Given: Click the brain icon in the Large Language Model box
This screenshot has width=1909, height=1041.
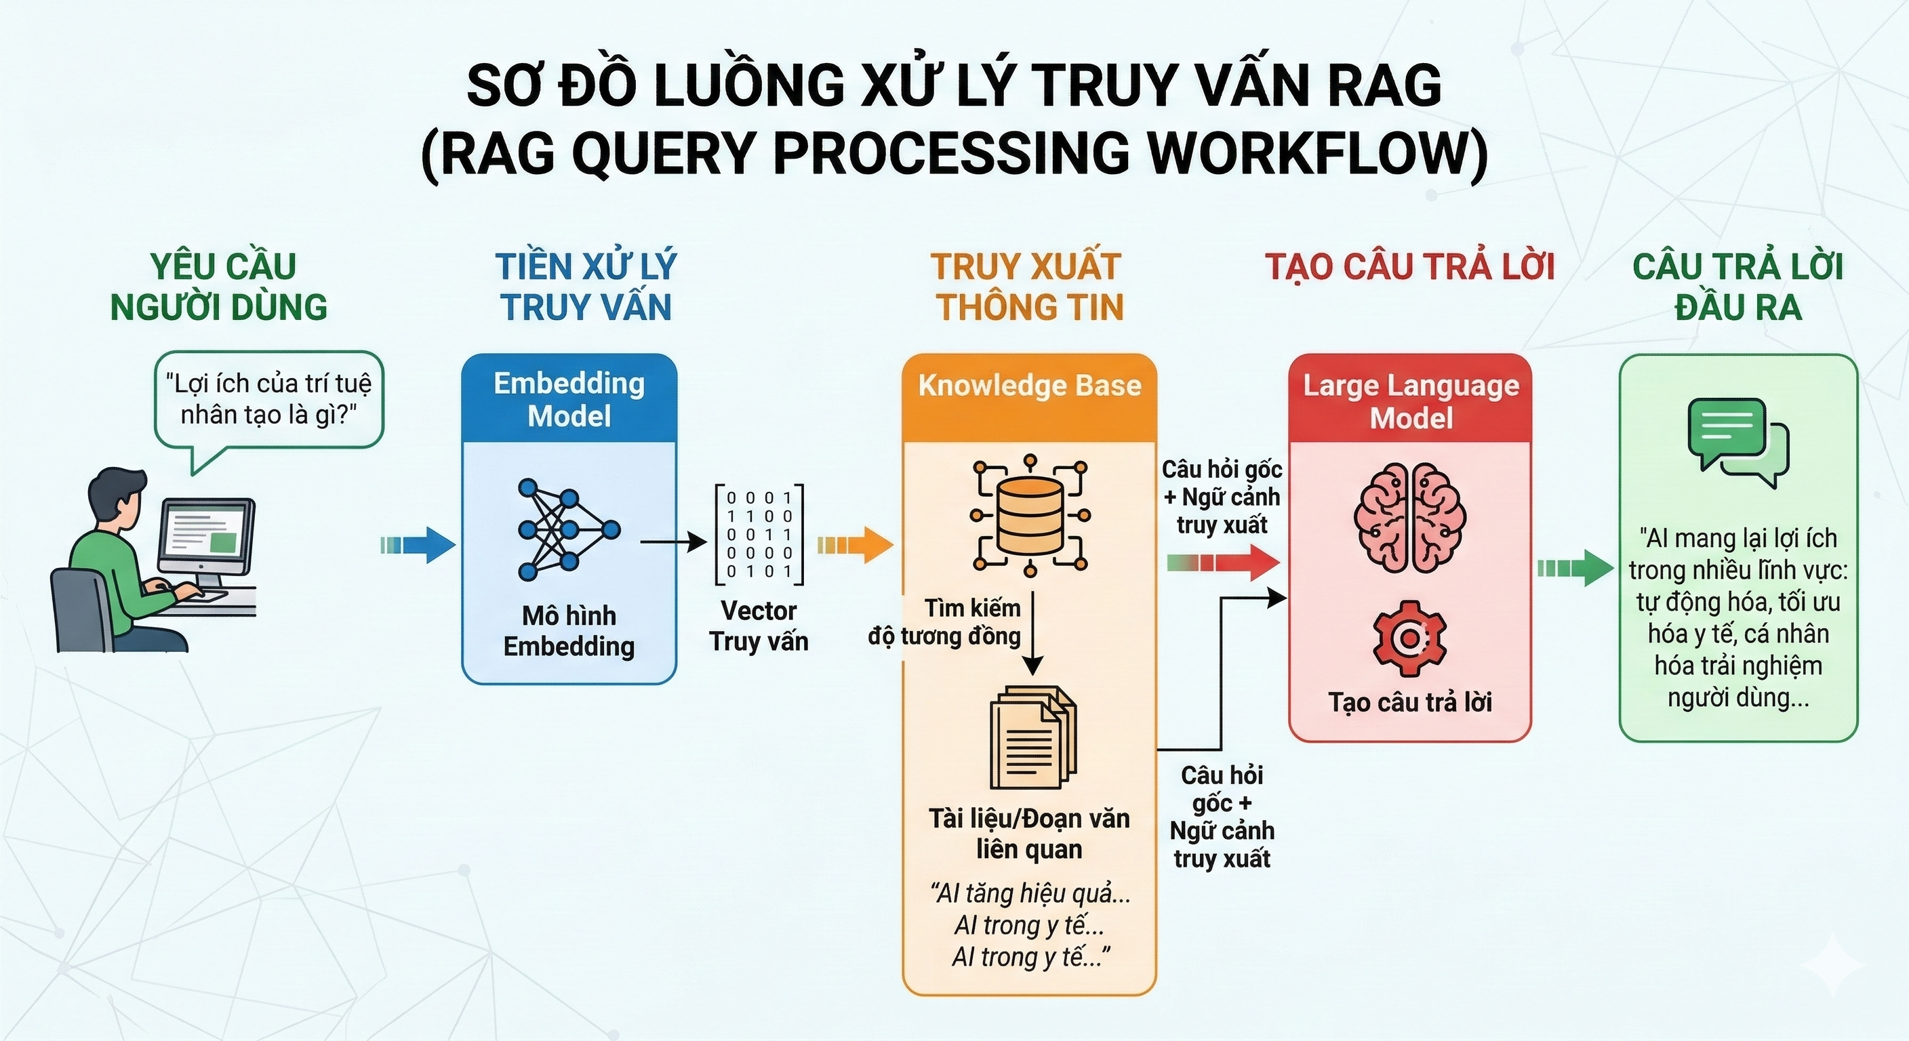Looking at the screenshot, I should pyautogui.click(x=1409, y=517).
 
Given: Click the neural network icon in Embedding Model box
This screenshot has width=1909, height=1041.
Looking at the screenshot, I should pyautogui.click(x=567, y=529).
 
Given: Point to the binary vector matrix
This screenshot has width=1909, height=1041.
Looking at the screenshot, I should pyautogui.click(x=759, y=534).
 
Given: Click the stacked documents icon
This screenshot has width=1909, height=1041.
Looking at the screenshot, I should pyautogui.click(x=1032, y=737).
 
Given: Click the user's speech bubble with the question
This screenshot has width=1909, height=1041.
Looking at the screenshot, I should pyautogui.click(x=268, y=400).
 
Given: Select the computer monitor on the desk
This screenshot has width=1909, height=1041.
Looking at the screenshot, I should pyautogui.click(x=206, y=537).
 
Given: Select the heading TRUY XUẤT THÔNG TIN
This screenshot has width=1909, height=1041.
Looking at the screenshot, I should pyautogui.click(x=1028, y=287).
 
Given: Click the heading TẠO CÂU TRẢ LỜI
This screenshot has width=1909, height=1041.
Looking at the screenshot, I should pyautogui.click(x=1409, y=268).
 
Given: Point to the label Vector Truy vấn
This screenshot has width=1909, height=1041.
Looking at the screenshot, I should pyautogui.click(x=758, y=626).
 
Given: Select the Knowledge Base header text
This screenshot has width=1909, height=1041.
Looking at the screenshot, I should pyautogui.click(x=1029, y=385).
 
